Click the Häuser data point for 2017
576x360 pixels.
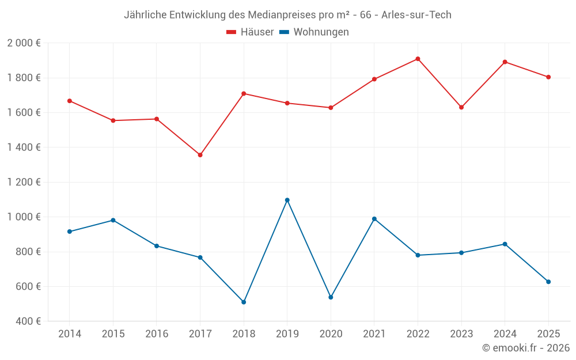[200, 155]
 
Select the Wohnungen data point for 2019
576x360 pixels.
[287, 200]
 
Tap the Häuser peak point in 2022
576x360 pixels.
[418, 59]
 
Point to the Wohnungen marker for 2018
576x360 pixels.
[244, 302]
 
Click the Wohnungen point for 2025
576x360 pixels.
[548, 282]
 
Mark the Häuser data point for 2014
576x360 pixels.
[70, 101]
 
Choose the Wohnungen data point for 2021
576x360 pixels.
[374, 219]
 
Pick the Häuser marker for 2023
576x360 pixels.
[461, 107]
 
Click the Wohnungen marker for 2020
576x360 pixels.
[331, 297]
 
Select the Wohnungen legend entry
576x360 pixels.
[314, 32]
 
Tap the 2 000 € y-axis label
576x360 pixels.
[24, 43]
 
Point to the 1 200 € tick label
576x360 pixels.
[24, 182]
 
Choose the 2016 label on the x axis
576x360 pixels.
[157, 334]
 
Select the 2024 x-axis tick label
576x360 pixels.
[505, 334]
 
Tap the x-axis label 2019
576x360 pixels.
[287, 334]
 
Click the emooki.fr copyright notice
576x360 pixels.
[525, 348]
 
